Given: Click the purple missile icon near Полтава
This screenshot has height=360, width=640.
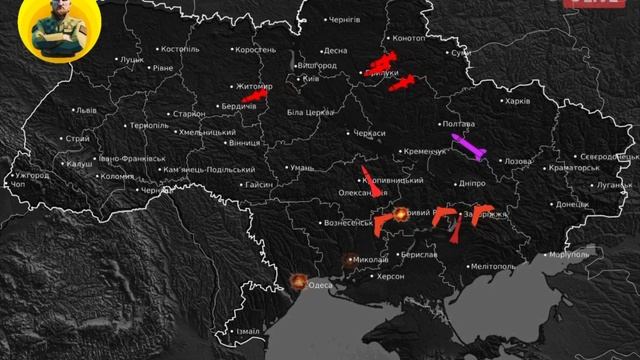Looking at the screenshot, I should pyautogui.click(x=467, y=146).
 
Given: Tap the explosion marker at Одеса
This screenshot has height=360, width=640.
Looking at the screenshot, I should pyautogui.click(x=297, y=283).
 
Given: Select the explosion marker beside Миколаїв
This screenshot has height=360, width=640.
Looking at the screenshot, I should pyautogui.click(x=350, y=259).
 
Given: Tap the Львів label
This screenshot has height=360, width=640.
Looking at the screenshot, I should pyautogui.click(x=86, y=110).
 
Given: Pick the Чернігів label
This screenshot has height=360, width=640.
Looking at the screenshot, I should pyautogui.click(x=345, y=19).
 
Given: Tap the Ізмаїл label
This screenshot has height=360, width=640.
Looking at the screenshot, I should pyautogui.click(x=246, y=331).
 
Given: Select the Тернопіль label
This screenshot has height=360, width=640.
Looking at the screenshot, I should pyautogui.click(x=149, y=126).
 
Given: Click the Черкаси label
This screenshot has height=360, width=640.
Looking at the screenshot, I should pyautogui.click(x=367, y=133).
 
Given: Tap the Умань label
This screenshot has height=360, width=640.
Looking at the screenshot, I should pyautogui.click(x=302, y=168).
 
